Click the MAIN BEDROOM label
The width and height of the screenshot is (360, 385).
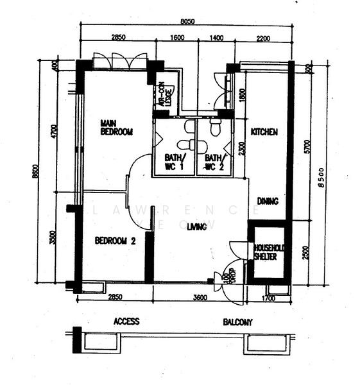point(116,127)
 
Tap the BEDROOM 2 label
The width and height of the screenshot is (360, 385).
point(116,241)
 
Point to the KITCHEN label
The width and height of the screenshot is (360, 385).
point(264,132)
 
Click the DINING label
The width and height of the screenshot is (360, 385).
point(268,201)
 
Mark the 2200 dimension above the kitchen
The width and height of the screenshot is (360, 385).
point(263,38)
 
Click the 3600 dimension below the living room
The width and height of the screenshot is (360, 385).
point(200,297)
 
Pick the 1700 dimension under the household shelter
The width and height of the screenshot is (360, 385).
point(269,297)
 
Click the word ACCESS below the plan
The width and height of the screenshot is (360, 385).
point(126,321)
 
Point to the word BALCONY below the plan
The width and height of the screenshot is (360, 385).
point(237,322)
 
